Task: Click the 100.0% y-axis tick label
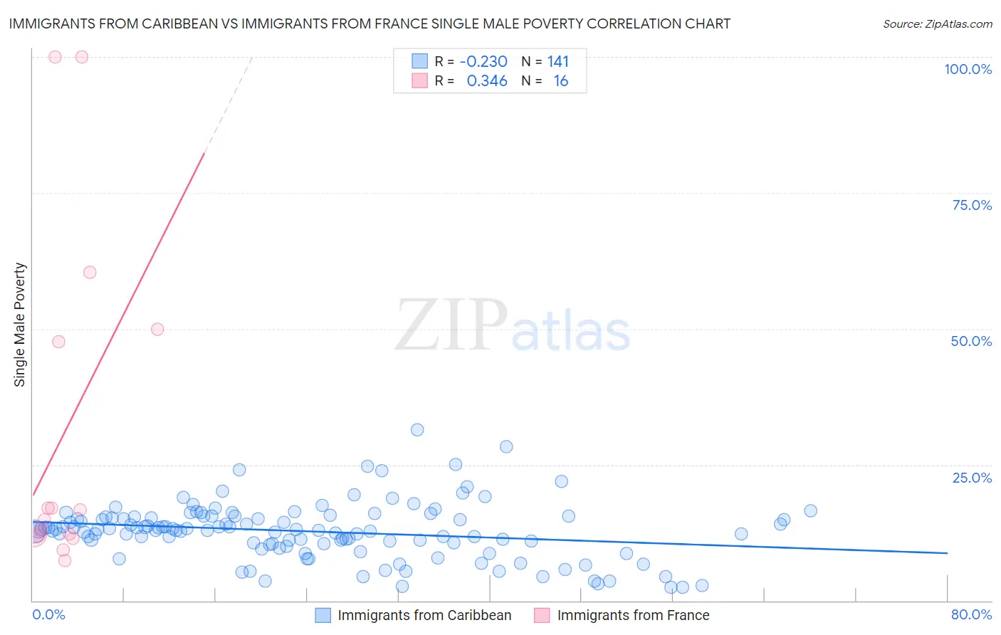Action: [968, 69]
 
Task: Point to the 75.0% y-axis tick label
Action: [972, 205]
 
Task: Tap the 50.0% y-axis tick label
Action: [971, 341]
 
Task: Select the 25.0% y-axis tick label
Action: [972, 478]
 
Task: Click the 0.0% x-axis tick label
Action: [48, 615]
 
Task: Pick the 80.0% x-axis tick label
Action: [971, 615]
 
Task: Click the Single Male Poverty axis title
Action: [20, 325]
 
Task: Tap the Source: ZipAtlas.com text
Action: [937, 24]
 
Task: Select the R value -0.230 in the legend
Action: [483, 62]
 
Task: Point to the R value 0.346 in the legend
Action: [487, 81]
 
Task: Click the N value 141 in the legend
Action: [558, 62]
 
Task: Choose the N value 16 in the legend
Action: [561, 81]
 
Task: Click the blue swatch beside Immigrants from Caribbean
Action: [323, 615]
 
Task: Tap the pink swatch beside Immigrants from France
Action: [542, 615]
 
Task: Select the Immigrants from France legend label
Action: [633, 615]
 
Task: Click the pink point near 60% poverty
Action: [90, 272]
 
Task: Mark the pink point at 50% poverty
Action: [157, 329]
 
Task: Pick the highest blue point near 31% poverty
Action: [417, 430]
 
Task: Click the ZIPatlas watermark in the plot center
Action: [513, 325]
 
